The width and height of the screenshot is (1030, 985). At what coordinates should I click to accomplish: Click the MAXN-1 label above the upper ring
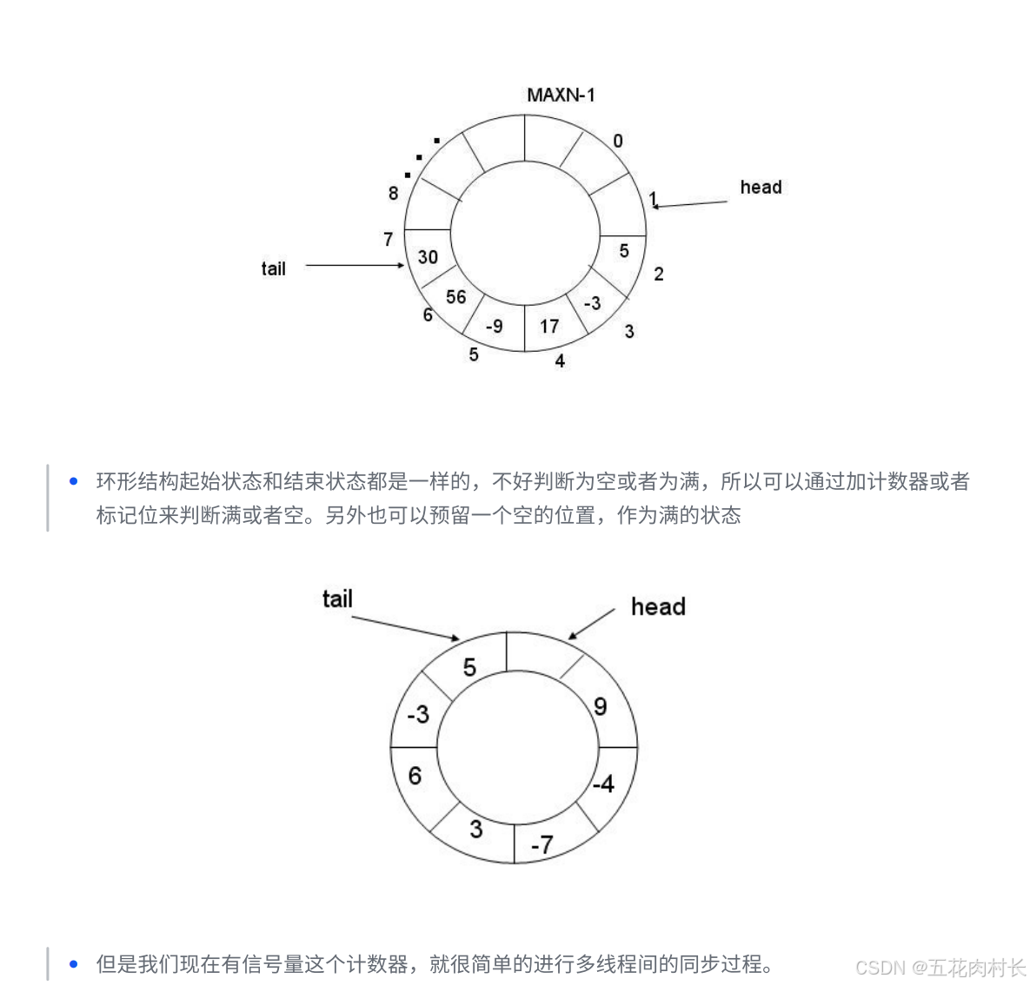[561, 95]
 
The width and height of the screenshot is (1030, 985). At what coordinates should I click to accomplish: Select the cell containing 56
[455, 297]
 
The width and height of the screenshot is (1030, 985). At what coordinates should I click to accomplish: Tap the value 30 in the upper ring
[428, 257]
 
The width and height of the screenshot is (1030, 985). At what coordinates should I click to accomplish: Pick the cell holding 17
[549, 327]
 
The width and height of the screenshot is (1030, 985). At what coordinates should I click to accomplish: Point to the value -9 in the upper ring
[494, 327]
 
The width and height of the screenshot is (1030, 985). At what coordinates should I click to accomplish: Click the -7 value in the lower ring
[542, 844]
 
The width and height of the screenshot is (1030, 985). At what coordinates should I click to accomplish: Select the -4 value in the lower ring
[603, 784]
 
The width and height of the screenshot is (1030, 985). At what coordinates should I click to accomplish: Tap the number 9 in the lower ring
[600, 707]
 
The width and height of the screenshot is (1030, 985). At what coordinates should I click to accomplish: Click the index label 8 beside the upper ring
[393, 193]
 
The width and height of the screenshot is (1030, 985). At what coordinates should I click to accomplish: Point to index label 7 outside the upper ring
[388, 239]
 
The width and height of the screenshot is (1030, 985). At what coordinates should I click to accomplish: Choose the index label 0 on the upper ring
[618, 141]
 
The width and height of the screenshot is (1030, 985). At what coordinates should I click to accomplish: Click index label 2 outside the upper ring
[659, 274]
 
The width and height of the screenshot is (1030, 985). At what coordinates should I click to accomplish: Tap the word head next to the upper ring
[761, 188]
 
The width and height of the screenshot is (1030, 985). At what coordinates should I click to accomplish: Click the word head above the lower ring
[658, 606]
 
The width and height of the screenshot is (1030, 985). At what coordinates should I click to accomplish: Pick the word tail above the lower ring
[337, 599]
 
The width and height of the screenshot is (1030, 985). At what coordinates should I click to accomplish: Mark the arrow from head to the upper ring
[690, 204]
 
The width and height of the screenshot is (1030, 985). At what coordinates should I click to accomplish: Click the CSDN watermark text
[940, 968]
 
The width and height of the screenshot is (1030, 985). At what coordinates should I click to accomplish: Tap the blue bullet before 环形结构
[74, 481]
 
